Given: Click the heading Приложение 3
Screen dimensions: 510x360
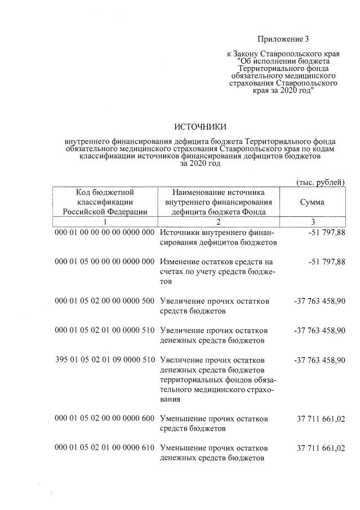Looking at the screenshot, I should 283,39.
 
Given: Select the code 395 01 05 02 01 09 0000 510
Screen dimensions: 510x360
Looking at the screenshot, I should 105,360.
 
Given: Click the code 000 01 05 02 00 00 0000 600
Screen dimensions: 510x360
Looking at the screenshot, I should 105,419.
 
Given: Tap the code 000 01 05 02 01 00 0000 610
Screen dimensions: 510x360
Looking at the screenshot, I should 105,448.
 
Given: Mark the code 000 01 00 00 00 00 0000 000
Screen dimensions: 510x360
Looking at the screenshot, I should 105,232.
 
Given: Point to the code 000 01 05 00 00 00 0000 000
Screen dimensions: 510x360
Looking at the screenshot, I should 105,261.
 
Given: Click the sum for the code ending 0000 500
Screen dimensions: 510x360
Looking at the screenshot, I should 319,300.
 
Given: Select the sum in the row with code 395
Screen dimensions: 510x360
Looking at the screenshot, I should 319,360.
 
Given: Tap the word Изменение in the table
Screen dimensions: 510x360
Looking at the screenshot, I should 181,261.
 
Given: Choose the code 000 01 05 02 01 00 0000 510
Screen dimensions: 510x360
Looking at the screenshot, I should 105,330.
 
